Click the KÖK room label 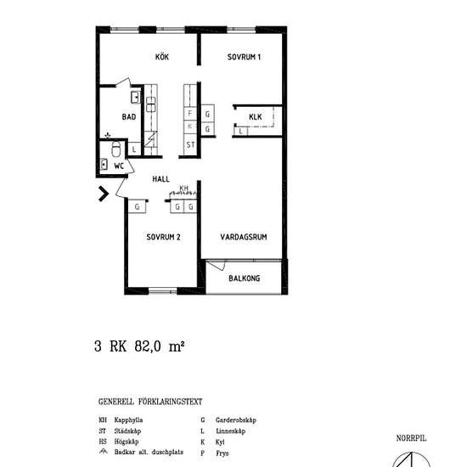pyautogui.click(x=161, y=58)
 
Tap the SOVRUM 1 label pyautogui.click(x=244, y=58)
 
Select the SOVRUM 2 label pyautogui.click(x=163, y=237)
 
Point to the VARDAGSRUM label pyautogui.click(x=244, y=237)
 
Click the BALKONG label pyautogui.click(x=244, y=278)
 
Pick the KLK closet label pyautogui.click(x=256, y=116)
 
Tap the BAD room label pyautogui.click(x=129, y=117)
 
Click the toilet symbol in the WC pyautogui.click(x=105, y=166)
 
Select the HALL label pyautogui.click(x=161, y=180)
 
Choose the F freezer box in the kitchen pyautogui.click(x=190, y=113)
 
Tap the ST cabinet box pyautogui.click(x=190, y=145)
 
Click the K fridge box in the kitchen pyautogui.click(x=190, y=128)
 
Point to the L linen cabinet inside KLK pyautogui.click(x=241, y=132)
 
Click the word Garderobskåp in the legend pyautogui.click(x=236, y=419)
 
